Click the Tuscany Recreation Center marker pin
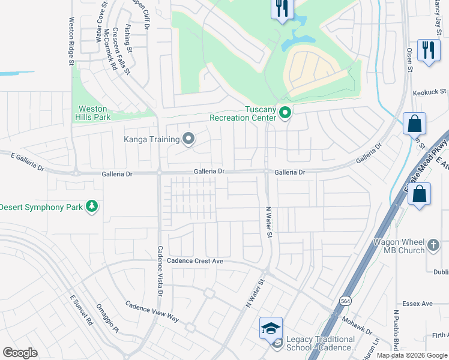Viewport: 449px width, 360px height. [x=286, y=113]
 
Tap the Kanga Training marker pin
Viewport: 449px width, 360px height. [x=188, y=140]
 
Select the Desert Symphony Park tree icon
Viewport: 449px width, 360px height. [x=92, y=207]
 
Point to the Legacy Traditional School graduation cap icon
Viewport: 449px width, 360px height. [x=271, y=328]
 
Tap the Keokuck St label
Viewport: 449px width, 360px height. [x=430, y=92]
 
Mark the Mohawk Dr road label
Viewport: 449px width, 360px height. [x=358, y=325]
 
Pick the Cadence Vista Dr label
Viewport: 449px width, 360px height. [x=160, y=271]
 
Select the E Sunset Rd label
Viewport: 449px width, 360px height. [x=82, y=310]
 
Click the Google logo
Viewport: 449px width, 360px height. [x=20, y=353]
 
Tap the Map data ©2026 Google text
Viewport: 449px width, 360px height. [x=412, y=355]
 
